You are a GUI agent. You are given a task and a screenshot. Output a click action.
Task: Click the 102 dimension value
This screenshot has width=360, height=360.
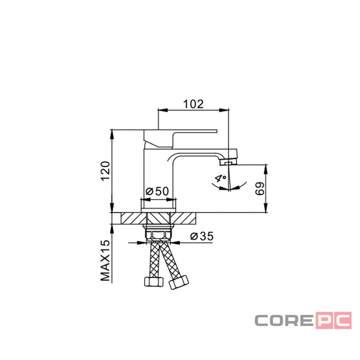(193, 104)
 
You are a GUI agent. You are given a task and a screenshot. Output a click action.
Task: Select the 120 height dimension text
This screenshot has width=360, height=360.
(105, 171)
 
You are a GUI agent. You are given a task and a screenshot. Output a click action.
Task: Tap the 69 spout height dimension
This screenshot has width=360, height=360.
(260, 189)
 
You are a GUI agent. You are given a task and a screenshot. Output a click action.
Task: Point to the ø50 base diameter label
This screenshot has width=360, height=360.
(157, 191)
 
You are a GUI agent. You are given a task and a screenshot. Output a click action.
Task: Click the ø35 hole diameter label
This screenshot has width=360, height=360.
(202, 236)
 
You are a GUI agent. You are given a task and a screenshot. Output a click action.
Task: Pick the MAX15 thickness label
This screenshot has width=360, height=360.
(105, 261)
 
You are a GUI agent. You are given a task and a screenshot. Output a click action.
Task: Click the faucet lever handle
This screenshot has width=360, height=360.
(180, 138)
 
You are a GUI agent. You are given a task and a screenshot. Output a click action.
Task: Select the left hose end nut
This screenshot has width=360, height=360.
(154, 282)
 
